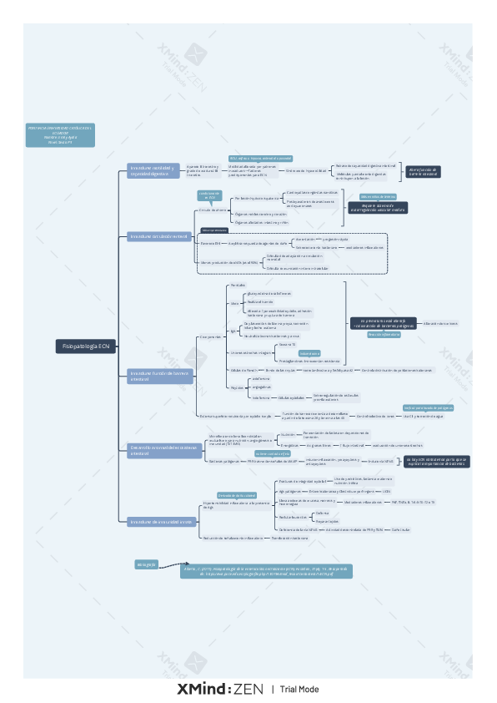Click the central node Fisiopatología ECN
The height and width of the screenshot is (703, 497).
pyautogui.click(x=87, y=345)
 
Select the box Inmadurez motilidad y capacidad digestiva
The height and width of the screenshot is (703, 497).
pyautogui.click(x=152, y=170)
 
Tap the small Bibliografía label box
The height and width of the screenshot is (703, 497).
pyautogui.click(x=147, y=564)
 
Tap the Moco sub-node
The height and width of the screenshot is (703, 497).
pyautogui.click(x=235, y=303)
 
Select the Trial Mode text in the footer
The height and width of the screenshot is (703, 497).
pyautogui.click(x=299, y=690)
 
